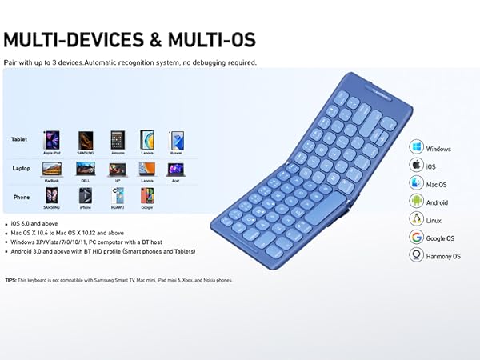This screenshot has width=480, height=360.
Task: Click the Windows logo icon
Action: [x=416, y=148]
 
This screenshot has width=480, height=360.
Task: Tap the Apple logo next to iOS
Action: [x=416, y=166]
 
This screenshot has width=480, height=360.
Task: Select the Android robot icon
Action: [x=416, y=201]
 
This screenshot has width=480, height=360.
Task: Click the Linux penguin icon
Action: [x=416, y=219]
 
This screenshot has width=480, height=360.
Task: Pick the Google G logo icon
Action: [x=416, y=237]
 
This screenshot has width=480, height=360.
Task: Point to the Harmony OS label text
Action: [x=444, y=256]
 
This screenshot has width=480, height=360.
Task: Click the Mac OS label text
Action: [x=437, y=184]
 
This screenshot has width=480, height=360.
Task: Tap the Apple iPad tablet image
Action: [x=51, y=138]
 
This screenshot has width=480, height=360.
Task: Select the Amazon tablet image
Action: [x=117, y=138]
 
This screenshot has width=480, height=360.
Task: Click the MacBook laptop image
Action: [x=51, y=169]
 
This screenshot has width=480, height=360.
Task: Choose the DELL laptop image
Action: [x=85, y=169]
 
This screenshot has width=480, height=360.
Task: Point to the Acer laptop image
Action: [x=174, y=169]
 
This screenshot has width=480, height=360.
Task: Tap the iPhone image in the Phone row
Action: [x=85, y=197]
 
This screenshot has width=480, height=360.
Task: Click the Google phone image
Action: [x=146, y=197]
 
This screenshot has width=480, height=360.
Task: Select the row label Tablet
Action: [x=19, y=139]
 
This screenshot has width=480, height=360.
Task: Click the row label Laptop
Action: [x=21, y=169]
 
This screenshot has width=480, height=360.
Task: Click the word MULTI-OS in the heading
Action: [x=205, y=40]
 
